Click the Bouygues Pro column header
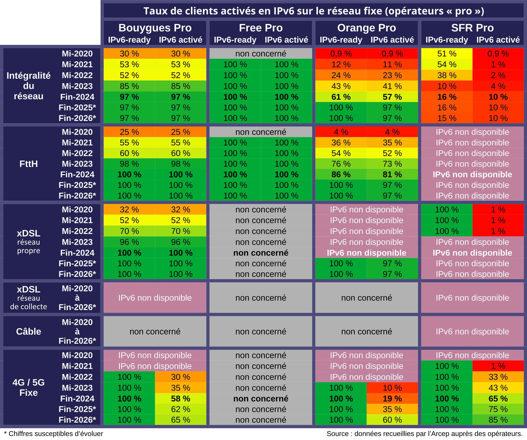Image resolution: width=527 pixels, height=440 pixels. click(155, 28)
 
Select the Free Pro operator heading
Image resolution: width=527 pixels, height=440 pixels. click(261, 28)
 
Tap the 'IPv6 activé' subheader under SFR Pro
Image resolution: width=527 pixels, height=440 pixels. click(498, 40)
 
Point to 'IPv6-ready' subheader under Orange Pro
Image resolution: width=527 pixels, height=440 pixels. click(341, 40)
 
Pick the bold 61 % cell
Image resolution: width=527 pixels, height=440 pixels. click(341, 97)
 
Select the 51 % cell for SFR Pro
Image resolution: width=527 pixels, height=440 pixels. click(447, 54)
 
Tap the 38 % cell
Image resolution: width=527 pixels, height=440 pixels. click(447, 75)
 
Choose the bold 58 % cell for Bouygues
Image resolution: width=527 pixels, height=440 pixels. click(180, 399)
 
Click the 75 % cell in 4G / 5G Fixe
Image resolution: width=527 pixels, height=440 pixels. click(498, 409)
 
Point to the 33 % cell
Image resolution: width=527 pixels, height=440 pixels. click(498, 377)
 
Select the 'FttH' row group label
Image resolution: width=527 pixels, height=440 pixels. click(29, 164)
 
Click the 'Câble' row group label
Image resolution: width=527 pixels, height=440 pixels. click(29, 332)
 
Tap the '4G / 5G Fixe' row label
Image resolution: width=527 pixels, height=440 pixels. click(29, 388)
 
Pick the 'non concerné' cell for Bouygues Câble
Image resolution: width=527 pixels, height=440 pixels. click(155, 332)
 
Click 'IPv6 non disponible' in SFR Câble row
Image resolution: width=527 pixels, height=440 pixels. click(472, 332)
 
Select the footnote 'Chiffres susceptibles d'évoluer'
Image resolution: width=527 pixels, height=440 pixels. click(56, 434)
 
